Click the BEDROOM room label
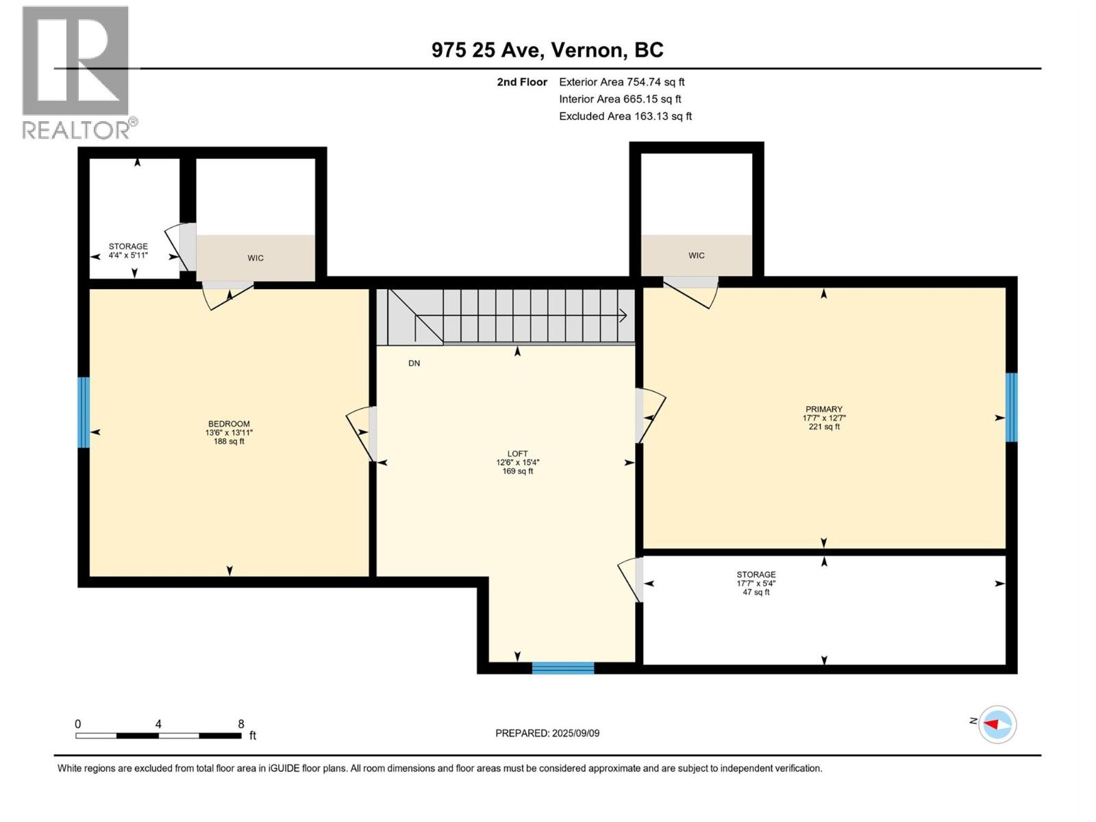pos(229,424)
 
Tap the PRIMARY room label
pos(823,409)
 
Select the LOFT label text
pos(517,453)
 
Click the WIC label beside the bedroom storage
pos(256,258)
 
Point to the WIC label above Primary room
pos(696,256)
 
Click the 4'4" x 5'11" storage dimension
pos(128,256)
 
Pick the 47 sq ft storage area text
pos(756,593)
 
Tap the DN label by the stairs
pos(414,363)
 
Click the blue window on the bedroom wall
pos(84,412)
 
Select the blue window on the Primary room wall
pos(1011,407)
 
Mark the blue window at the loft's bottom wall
pos(563,668)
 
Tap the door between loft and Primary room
pos(647,415)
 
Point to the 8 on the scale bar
pos(241,724)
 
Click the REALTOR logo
pos(76,73)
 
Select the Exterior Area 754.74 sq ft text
pos(621,82)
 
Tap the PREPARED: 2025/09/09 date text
pos(547,733)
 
